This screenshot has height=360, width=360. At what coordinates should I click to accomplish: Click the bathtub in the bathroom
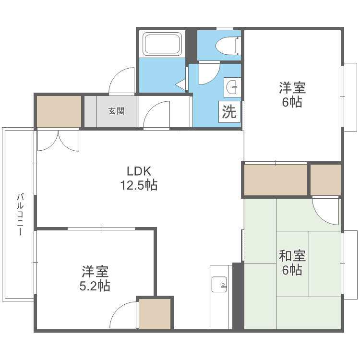(162, 44)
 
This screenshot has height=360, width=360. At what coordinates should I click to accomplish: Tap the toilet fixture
(228, 46)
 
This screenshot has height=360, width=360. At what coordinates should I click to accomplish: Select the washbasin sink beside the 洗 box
(232, 87)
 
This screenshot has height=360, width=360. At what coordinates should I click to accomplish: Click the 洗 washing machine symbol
(229, 112)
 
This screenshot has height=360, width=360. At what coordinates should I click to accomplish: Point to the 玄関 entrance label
(117, 111)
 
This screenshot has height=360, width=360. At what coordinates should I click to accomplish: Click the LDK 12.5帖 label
(139, 178)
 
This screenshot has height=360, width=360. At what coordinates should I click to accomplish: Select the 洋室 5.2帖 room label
(95, 278)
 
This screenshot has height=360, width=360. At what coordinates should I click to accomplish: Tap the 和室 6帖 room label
(292, 263)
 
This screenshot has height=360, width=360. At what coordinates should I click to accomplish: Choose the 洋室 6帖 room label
(292, 95)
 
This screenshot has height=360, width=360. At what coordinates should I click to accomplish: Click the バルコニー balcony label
(20, 215)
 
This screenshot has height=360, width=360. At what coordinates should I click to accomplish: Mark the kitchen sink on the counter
(219, 284)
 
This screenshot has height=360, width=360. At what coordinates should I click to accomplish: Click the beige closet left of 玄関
(59, 111)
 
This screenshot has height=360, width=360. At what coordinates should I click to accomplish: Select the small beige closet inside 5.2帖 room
(155, 313)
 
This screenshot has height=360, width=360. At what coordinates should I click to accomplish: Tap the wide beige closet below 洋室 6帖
(276, 180)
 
